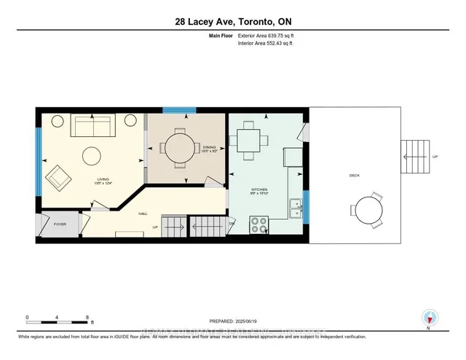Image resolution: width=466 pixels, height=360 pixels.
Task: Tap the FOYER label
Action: (59, 224)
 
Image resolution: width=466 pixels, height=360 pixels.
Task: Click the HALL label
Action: (143, 214)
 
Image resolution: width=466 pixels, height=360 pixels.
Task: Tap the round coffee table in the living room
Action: (92, 156)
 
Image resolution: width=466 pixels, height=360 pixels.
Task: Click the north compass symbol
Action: (430, 317)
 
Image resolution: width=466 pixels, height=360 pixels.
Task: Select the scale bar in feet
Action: (57, 320)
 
